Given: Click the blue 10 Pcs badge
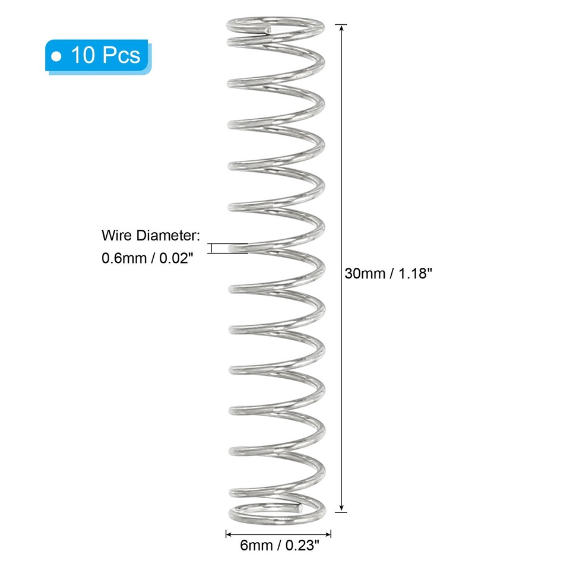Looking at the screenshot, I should (98, 55).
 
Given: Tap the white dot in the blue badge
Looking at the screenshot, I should (58, 56).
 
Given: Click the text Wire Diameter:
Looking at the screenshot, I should (148, 236).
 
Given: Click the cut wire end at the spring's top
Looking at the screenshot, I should (268, 28).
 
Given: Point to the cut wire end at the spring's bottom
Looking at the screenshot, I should (301, 508).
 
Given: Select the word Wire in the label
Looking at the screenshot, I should (116, 236).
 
